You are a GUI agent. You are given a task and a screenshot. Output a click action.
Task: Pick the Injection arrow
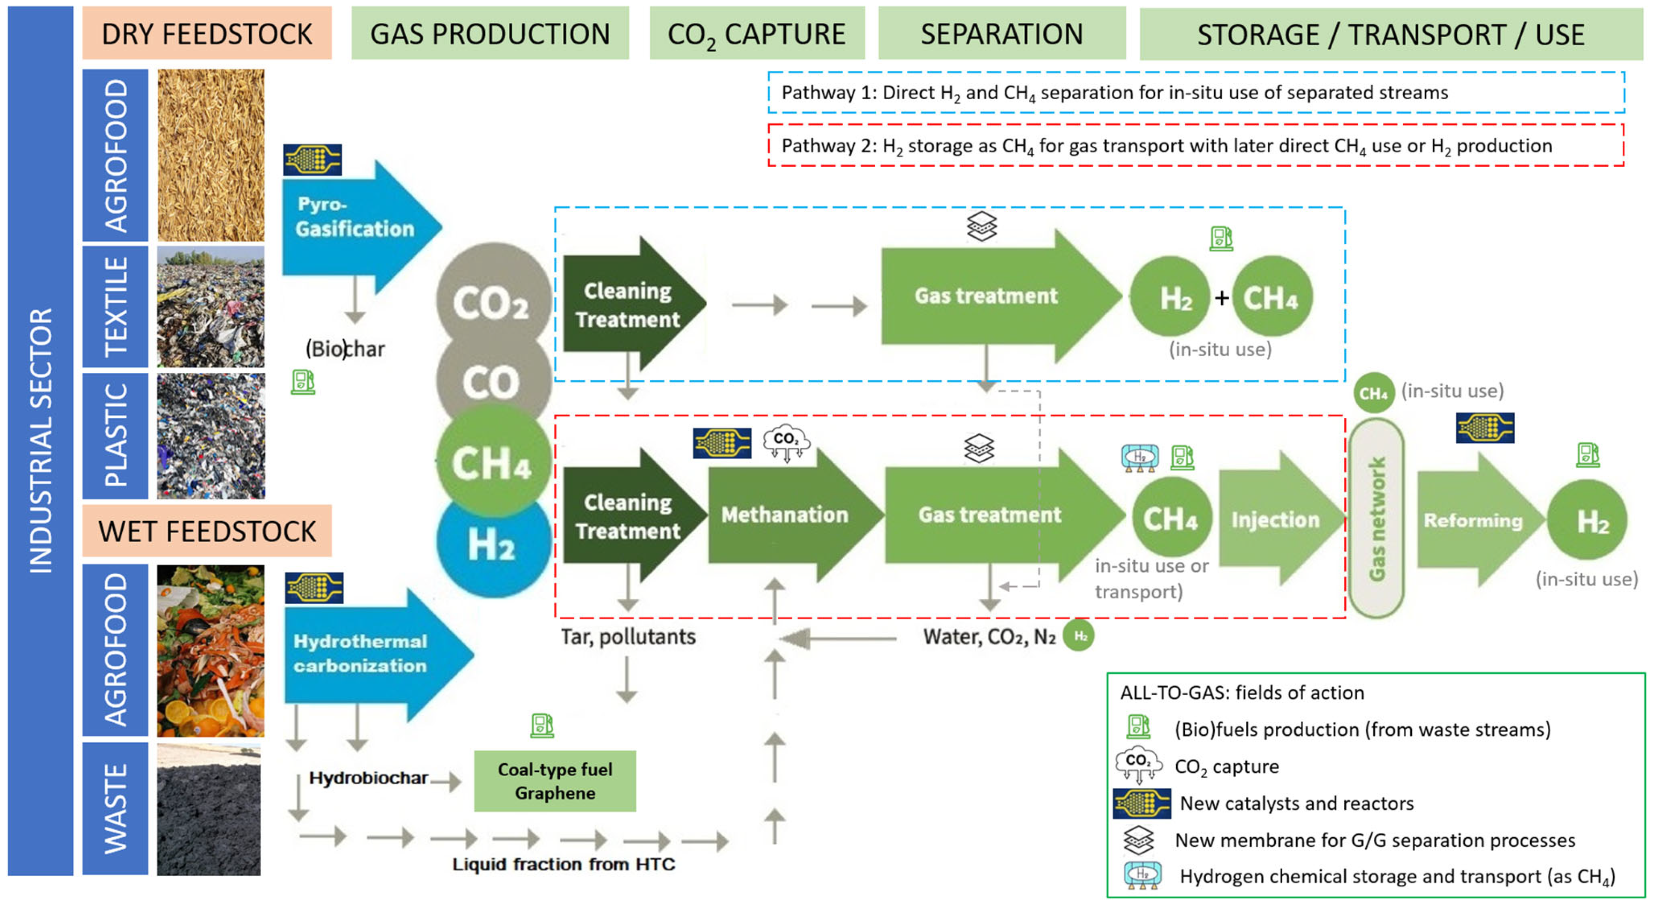click(1275, 520)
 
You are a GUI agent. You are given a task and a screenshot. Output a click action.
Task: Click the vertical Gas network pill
click(1376, 519)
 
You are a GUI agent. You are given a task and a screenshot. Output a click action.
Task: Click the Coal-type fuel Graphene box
click(555, 781)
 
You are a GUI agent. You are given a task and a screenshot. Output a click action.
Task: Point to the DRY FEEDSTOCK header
click(207, 33)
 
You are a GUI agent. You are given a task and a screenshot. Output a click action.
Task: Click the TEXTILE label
click(115, 307)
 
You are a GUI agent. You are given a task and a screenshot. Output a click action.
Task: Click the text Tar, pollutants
click(628, 637)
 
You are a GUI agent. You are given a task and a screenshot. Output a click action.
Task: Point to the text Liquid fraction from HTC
click(564, 864)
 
